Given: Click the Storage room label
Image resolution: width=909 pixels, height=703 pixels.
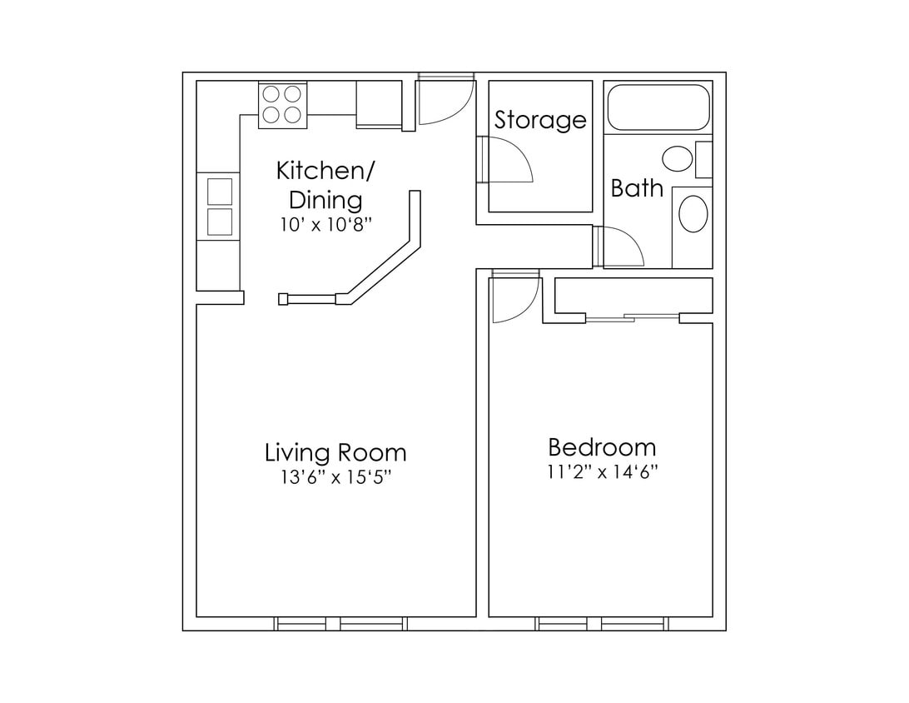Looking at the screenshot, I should click(x=540, y=120).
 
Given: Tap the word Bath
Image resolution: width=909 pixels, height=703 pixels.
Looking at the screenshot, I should click(x=637, y=188).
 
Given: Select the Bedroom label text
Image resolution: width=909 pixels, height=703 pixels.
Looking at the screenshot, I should click(x=602, y=447).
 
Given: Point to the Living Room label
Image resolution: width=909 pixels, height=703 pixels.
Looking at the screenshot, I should click(x=335, y=453).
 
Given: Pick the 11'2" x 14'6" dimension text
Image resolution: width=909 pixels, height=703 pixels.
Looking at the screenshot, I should click(x=602, y=472).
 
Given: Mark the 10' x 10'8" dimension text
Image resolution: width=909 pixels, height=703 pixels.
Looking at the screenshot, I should click(x=325, y=224).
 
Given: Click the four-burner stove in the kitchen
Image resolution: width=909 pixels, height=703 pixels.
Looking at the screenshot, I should click(x=282, y=105).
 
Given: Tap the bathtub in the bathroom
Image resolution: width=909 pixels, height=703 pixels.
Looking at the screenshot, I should click(x=658, y=108).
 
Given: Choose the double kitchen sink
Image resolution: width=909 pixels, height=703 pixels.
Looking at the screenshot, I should click(x=219, y=207).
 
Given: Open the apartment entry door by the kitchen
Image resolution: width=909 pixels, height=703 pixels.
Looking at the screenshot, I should click(x=444, y=100).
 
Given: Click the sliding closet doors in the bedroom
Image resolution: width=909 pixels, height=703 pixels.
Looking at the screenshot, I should click(x=633, y=317).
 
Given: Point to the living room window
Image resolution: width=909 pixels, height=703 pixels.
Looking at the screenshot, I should click(x=341, y=623).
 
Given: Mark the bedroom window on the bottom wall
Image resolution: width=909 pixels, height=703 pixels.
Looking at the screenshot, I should click(x=602, y=623).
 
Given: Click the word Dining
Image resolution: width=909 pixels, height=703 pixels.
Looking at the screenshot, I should click(x=325, y=201).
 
